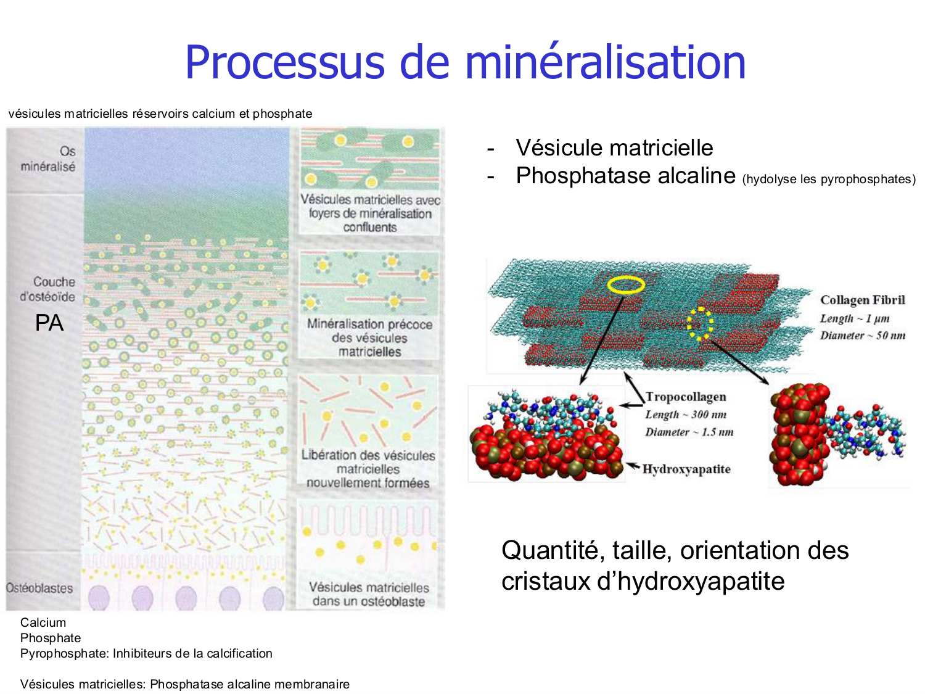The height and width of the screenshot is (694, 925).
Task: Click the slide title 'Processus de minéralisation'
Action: (x=465, y=62)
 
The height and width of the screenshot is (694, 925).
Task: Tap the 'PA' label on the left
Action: (x=49, y=323)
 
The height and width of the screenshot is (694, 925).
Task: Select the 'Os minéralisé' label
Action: (x=48, y=159)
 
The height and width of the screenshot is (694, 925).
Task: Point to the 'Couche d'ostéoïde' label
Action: (x=47, y=289)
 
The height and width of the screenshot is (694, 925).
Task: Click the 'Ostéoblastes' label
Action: (x=39, y=589)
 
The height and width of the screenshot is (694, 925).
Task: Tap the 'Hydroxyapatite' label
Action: (x=686, y=469)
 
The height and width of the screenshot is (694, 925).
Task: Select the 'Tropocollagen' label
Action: (x=686, y=397)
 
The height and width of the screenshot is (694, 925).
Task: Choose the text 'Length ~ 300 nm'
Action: (x=686, y=415)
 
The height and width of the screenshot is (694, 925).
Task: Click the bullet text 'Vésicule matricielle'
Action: (x=614, y=147)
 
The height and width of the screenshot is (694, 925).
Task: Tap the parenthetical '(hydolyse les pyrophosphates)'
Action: (x=829, y=179)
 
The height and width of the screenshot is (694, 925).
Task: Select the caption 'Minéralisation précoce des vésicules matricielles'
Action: (x=369, y=338)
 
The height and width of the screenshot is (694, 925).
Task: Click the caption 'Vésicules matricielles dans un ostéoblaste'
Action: (x=369, y=594)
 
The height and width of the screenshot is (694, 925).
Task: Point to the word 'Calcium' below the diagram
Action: (x=43, y=622)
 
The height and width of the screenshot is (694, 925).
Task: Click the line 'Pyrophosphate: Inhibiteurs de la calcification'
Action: (x=146, y=653)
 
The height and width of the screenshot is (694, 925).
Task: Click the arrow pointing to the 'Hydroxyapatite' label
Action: (x=633, y=466)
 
